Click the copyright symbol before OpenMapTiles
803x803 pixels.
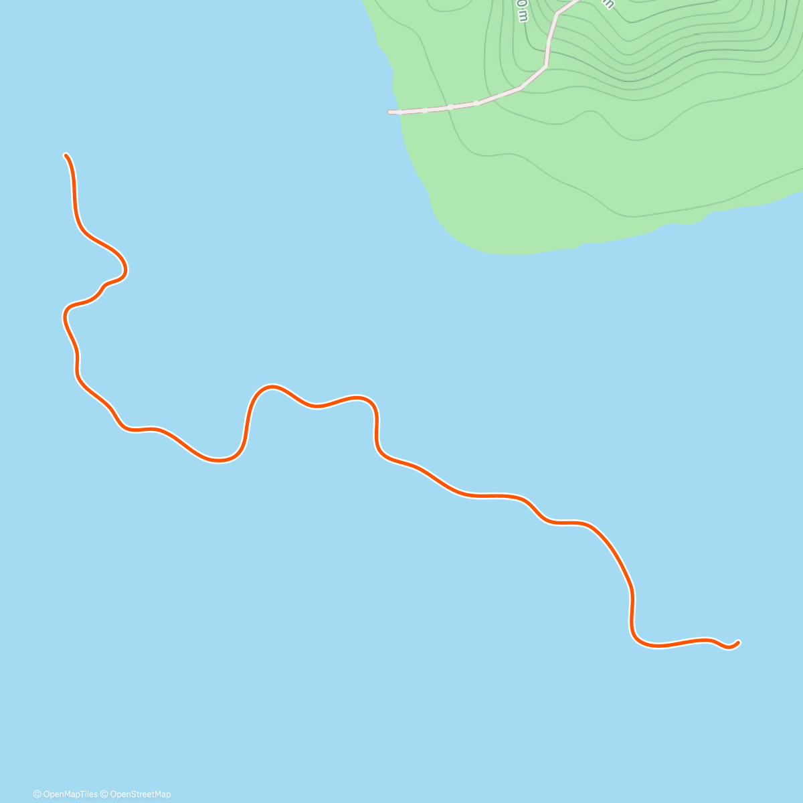[x=37, y=794]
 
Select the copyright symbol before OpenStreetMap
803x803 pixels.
[x=104, y=794]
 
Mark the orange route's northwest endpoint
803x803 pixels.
[x=66, y=155]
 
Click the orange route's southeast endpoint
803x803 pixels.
[x=738, y=642]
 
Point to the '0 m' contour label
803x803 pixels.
[x=522, y=11]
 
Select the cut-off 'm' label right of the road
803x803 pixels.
[x=608, y=4]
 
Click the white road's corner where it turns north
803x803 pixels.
[x=546, y=66]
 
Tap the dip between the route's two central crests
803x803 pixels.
[x=317, y=406]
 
